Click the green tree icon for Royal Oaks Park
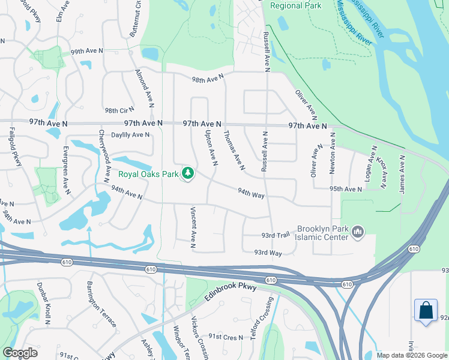point(188,174)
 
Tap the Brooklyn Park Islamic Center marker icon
point(358,231)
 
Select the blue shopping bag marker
point(426,310)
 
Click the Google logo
point(20,353)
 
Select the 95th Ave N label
point(346,189)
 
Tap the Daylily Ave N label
point(130,135)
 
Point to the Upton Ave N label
point(211,148)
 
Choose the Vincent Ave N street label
point(193,227)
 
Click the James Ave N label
point(403,174)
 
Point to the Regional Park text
point(295,6)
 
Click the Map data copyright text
point(411,355)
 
